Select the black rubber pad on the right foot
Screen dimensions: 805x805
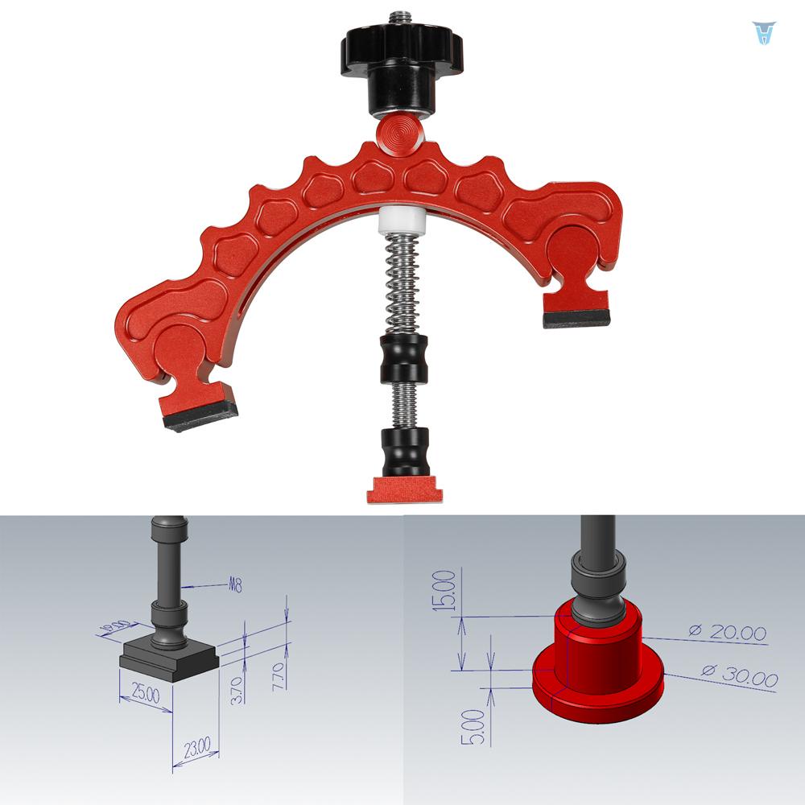click(576, 320)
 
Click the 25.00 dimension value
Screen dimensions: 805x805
click(145, 694)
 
